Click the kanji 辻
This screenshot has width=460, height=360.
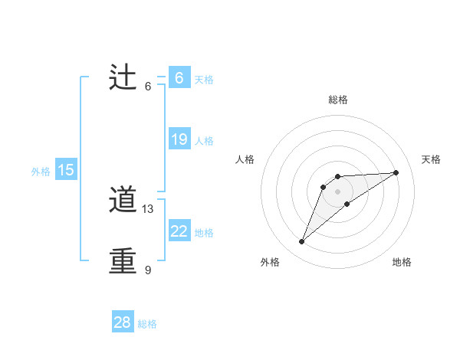[x=123, y=78]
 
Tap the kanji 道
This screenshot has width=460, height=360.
[x=123, y=201]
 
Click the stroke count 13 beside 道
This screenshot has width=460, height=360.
[x=148, y=209]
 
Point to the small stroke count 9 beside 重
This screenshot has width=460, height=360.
[x=147, y=270]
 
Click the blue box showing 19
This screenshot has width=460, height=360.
[x=179, y=139]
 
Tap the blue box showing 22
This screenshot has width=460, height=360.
[x=179, y=231]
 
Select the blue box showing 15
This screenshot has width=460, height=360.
[x=66, y=170]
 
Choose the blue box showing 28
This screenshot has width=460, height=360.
[x=123, y=322]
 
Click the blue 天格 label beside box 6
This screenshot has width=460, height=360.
[x=204, y=80]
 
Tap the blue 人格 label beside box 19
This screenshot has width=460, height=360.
[x=204, y=141]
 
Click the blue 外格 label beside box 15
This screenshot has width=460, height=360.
[x=41, y=172]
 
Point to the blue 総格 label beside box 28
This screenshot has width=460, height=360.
[x=147, y=324]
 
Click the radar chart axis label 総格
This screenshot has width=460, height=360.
[x=337, y=100]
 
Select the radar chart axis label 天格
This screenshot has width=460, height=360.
[x=431, y=159]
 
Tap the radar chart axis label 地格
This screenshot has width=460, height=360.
[x=402, y=262]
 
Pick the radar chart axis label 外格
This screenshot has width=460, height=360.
[x=270, y=262]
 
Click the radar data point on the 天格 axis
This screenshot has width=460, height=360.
[x=396, y=172]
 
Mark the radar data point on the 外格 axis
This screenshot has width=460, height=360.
[x=302, y=242]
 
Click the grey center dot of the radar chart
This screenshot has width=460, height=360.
[x=337, y=191]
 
